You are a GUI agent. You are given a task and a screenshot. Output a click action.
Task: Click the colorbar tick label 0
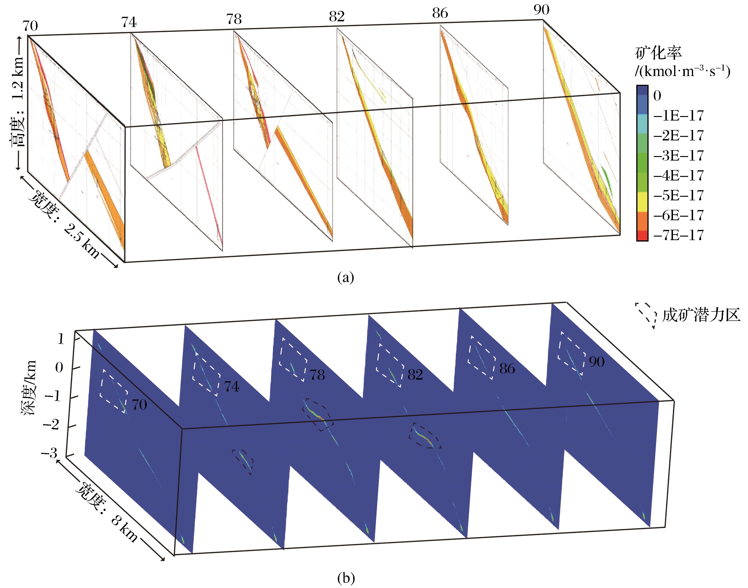click(x=657, y=96)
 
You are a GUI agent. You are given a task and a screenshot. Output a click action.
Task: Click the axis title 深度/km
click(x=30, y=388)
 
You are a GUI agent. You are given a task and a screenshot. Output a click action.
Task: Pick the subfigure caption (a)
click(x=346, y=277)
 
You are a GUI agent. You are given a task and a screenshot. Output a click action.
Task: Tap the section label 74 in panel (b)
click(x=231, y=387)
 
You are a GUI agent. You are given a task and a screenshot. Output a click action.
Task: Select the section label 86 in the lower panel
click(x=507, y=369)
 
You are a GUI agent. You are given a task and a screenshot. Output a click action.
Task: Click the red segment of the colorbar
click(x=642, y=235)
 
